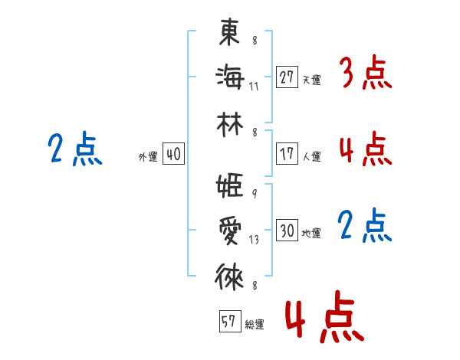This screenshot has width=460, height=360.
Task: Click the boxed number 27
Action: click(287, 77)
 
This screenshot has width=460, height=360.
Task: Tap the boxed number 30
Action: click(287, 231)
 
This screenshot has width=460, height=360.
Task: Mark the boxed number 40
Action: click(173, 154)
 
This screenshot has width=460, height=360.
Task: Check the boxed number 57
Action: click(228, 322)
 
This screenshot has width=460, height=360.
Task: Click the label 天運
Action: click(311, 79)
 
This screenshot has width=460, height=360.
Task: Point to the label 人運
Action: click(311, 156)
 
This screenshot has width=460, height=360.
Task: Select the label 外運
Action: click(148, 156)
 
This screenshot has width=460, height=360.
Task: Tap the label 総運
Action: click(255, 324)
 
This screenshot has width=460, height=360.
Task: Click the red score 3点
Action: click(365, 74)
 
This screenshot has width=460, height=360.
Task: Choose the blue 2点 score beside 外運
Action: click(74, 149)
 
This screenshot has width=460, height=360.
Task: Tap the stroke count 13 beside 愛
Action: click(255, 240)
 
